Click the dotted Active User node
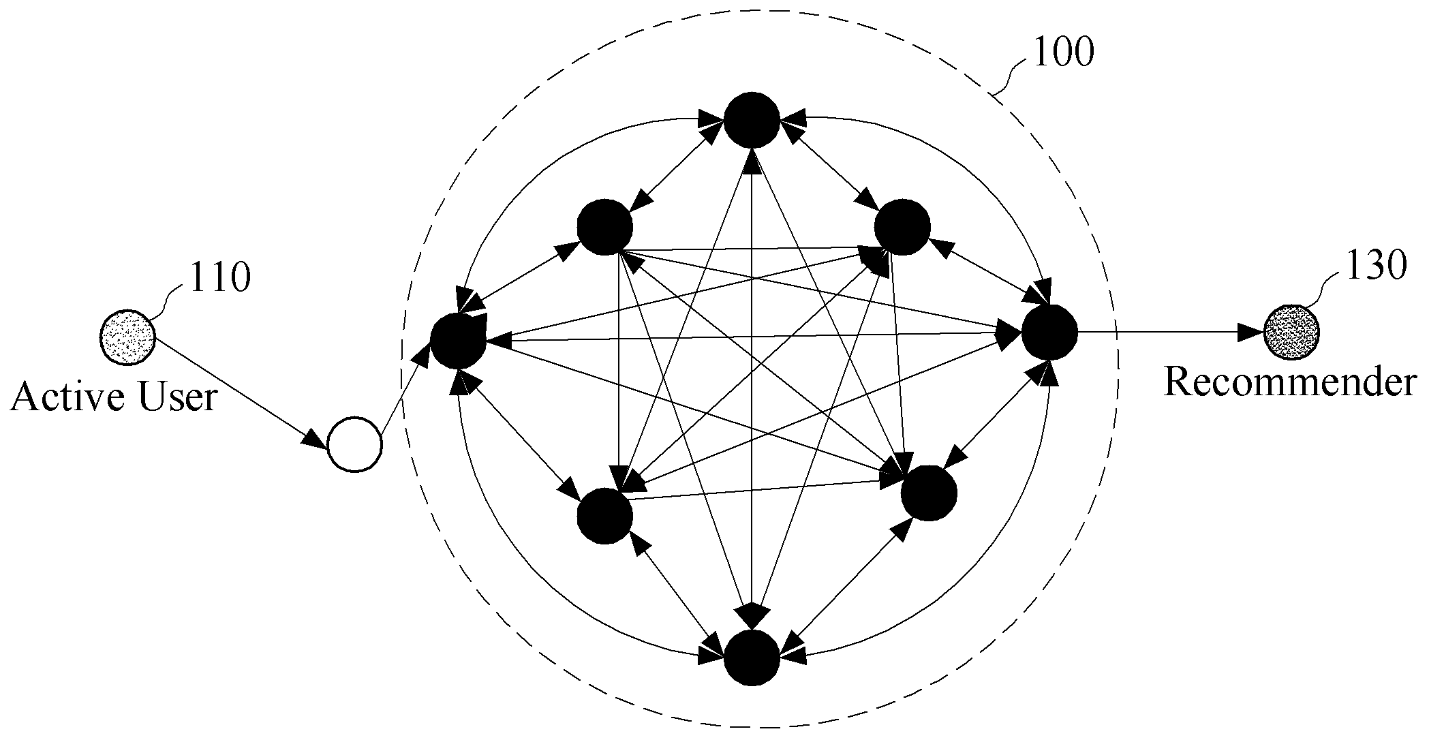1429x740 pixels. (127, 337)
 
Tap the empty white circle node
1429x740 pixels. (354, 444)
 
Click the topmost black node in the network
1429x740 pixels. (752, 120)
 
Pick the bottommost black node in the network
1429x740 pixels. (752, 658)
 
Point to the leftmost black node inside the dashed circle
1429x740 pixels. (458, 340)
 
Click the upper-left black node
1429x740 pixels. (604, 227)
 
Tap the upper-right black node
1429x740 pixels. (902, 227)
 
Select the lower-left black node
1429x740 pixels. (604, 516)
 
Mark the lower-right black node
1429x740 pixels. (929, 493)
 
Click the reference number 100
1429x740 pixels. (1063, 52)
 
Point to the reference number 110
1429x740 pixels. (219, 278)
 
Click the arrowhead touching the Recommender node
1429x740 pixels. (1250, 333)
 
